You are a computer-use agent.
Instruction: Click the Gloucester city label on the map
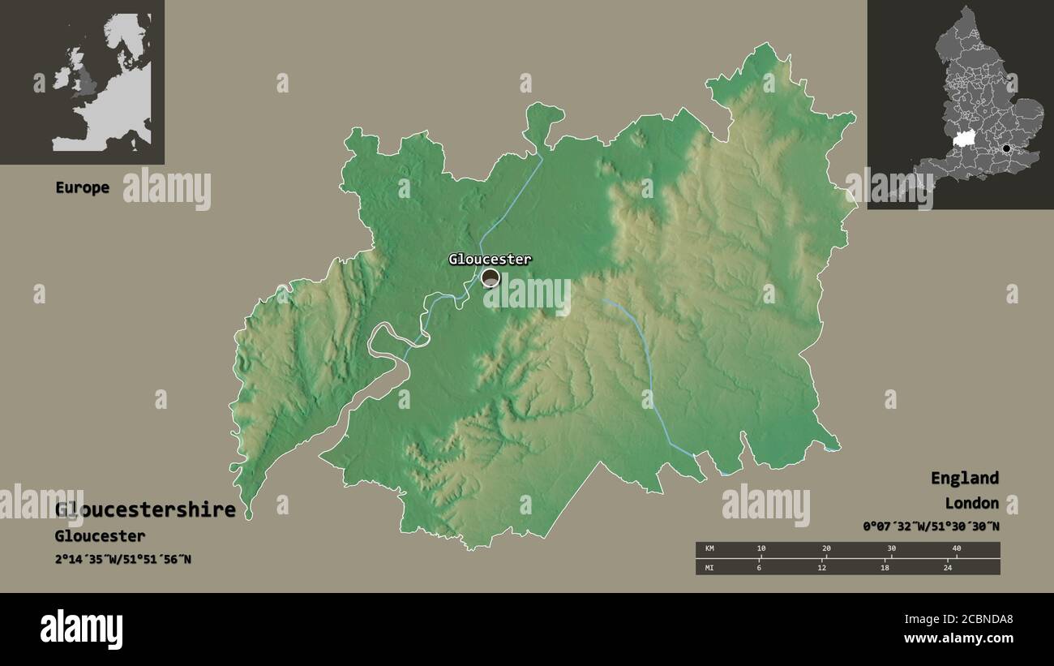point(490,260)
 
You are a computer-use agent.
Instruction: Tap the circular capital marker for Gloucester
point(491,278)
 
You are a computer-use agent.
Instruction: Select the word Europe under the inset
point(82,187)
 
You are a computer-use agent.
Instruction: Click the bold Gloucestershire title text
point(146,510)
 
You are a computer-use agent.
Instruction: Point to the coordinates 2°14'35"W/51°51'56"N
point(123,559)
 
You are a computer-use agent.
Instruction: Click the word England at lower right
point(964,478)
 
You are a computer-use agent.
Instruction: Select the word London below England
point(971,504)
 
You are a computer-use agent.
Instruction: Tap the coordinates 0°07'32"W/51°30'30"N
point(931,526)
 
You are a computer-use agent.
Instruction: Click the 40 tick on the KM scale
point(956,549)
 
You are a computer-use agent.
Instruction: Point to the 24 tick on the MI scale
point(947,568)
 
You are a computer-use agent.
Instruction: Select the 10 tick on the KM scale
point(761,549)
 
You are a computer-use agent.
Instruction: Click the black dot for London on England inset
point(1006,148)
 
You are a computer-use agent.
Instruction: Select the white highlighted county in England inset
point(964,140)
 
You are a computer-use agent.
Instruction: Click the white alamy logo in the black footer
point(81,629)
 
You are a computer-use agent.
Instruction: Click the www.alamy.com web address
point(958,638)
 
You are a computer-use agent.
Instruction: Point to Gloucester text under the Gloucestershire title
point(100,536)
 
